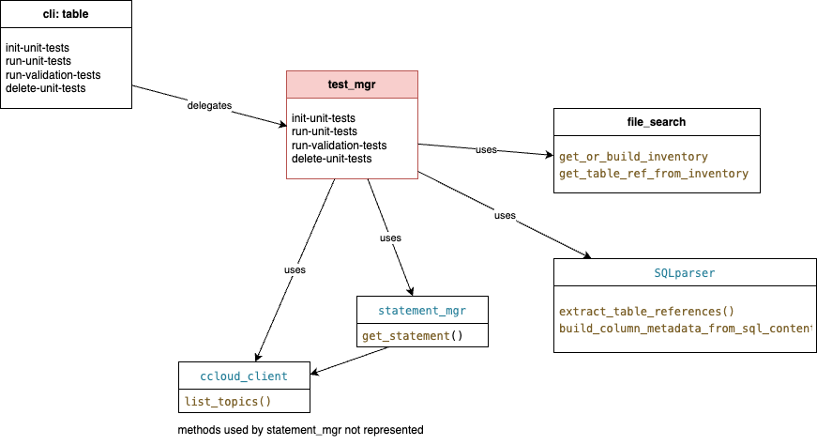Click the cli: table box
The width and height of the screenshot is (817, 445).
pos(66,14)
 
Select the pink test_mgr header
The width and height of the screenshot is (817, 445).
pos(352,84)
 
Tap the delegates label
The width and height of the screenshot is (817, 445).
pos(209,106)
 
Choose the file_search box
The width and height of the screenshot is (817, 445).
pos(657,122)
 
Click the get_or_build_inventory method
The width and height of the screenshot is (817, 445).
pos(633,157)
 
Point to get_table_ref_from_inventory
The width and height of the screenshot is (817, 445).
pos(654,174)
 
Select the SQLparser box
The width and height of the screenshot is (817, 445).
pos(685,273)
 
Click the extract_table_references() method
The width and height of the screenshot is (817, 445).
pos(646,311)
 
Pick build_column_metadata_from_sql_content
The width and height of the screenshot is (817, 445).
pos(685,328)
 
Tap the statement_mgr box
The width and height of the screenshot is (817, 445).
pos(422,310)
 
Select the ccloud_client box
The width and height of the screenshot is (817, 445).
pos(244,376)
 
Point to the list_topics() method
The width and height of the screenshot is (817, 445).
pos(228,402)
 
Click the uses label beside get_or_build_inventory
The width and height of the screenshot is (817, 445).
pos(486,149)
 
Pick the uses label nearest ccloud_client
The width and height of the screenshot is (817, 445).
pos(295,270)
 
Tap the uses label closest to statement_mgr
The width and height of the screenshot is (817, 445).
pos(390,238)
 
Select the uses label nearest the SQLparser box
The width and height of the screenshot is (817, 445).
pos(505,216)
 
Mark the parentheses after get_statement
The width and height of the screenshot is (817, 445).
pos(457,336)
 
